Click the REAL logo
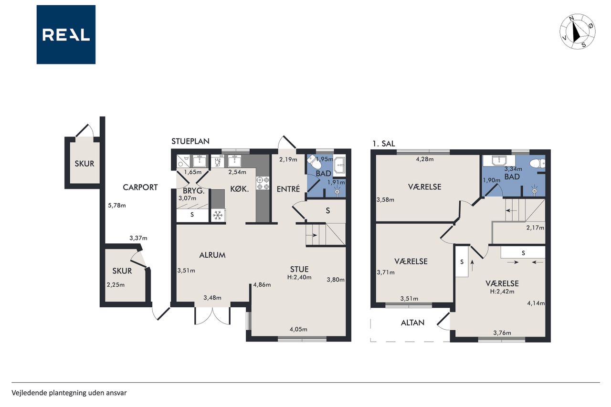pyautogui.click(x=66, y=35)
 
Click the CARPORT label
pyautogui.click(x=140, y=188)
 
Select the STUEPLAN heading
pyautogui.click(x=190, y=141)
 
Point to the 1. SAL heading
pyautogui.click(x=384, y=144)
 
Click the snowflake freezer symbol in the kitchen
pyautogui.click(x=218, y=216)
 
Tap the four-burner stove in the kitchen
pyautogui.click(x=263, y=183)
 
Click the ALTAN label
pyautogui.click(x=413, y=323)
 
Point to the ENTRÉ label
pyautogui.click(x=288, y=189)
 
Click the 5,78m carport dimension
pyautogui.click(x=117, y=206)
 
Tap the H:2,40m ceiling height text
pyautogui.click(x=299, y=278)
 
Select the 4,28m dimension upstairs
pyautogui.click(x=425, y=159)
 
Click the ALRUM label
pyautogui.click(x=212, y=255)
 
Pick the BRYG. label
pyautogui.click(x=194, y=191)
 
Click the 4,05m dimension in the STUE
pyautogui.click(x=298, y=329)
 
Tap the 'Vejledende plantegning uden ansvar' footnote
pyautogui.click(x=69, y=393)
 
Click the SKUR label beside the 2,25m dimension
pyautogui.click(x=122, y=271)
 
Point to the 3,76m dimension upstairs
pyautogui.click(x=502, y=333)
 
